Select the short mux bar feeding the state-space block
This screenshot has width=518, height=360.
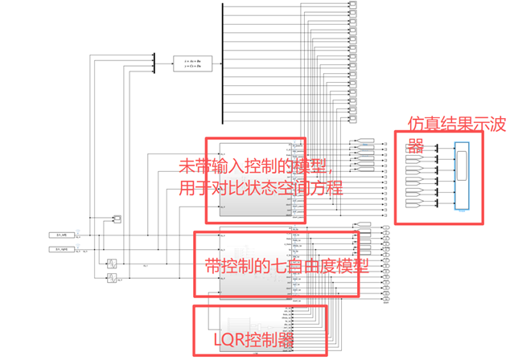coord(153,62)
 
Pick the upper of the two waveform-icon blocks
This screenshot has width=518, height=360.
coord(113,263)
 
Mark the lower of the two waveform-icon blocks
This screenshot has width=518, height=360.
coord(113,278)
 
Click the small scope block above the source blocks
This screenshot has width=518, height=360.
coord(117,219)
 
